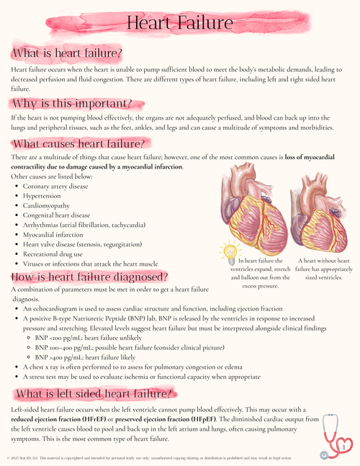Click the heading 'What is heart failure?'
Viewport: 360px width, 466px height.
pos(67,53)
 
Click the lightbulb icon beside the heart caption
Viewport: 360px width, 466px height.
pos(230,252)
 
